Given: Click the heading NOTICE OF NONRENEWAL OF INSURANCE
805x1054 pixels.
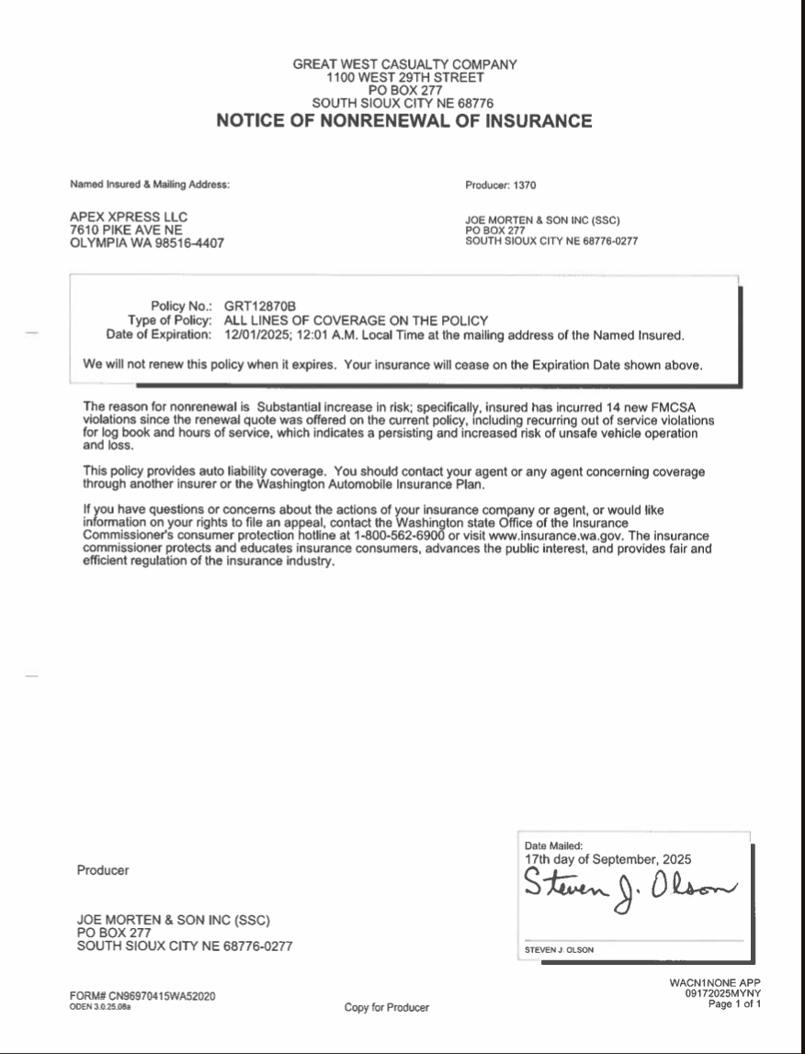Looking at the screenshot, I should point(404,121).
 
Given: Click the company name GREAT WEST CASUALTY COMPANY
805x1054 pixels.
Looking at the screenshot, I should point(404,64).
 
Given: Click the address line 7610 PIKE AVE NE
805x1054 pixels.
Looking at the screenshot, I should point(126,230).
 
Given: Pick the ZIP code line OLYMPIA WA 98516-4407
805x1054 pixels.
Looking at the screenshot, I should point(147,244).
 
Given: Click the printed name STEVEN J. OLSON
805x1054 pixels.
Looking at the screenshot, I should point(559,950).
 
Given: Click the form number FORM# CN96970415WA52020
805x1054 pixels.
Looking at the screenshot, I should point(142,996).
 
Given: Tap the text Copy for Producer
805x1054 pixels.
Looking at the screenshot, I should point(386,1008).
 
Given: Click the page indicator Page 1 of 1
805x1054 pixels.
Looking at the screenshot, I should point(734,1003).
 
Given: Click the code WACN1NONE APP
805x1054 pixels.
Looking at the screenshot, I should point(715,982).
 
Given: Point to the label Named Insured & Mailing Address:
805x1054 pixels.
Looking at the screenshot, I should point(150,185).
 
